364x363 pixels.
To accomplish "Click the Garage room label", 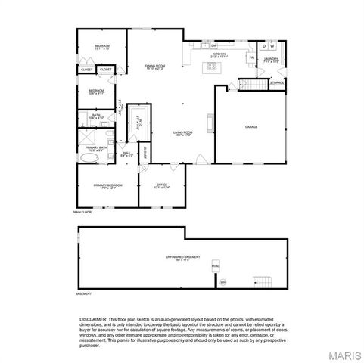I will (251, 127).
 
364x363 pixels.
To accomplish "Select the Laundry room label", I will (271, 60).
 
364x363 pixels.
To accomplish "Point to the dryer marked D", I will (265, 45).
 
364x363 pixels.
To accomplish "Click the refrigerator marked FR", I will (250, 57).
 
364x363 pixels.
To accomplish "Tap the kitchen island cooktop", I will (212, 67).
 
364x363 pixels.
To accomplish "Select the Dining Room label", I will (155, 67).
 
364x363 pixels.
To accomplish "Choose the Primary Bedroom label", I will (107, 186).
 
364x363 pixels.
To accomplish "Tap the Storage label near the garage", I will (278, 82).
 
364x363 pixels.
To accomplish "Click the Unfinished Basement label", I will (183, 259).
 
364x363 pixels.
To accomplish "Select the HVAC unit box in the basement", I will (216, 267).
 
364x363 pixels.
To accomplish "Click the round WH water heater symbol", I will (222, 283).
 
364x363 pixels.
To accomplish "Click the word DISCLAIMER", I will (93, 320).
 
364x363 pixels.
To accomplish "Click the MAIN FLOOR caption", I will (82, 213).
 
